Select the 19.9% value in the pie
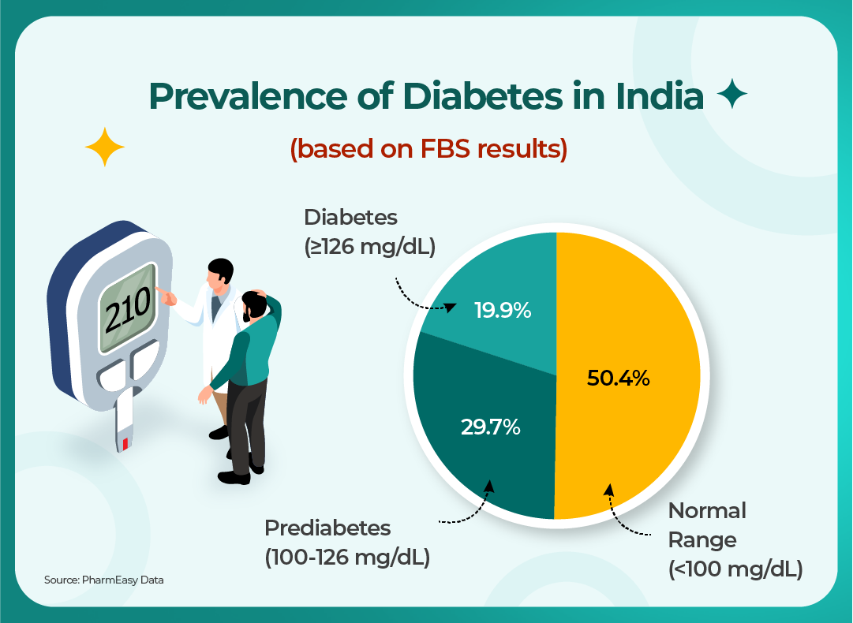(x=502, y=311)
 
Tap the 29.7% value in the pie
(x=490, y=427)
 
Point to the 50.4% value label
(x=618, y=379)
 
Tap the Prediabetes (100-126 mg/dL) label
(x=346, y=542)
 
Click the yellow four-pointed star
(x=105, y=146)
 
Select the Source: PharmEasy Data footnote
(x=104, y=580)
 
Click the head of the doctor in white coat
(x=221, y=272)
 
